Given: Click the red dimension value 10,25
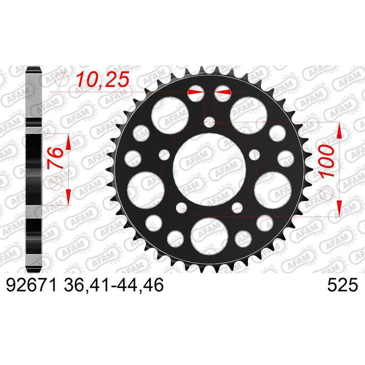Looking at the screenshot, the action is pos(103,79).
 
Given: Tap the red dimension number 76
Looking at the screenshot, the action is pos(55,158).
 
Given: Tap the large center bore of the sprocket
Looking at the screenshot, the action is pos(209,170).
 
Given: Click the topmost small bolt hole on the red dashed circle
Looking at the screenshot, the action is pos(209,122).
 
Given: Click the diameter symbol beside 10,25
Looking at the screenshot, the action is pos(62,80).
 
